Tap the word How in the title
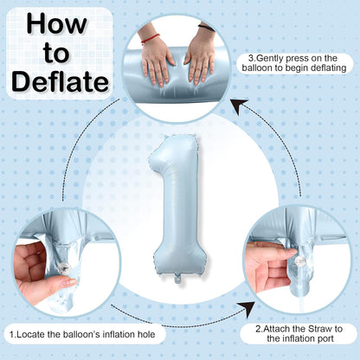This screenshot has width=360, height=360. point(57,23)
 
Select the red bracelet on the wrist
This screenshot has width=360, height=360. point(150,38)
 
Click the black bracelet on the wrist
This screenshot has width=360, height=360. point(206,28)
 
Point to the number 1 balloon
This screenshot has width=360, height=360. point(177,208)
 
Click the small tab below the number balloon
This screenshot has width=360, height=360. point(177,279)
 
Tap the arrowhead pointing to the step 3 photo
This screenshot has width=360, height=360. point(239,106)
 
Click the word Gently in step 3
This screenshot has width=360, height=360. point(270,58)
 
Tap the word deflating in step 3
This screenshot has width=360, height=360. point(328,68)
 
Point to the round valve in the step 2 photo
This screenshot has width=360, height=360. point(300,261)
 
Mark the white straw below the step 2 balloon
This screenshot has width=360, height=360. point(302,305)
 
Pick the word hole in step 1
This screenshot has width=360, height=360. point(146,335)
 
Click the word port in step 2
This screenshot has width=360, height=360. point(325,338)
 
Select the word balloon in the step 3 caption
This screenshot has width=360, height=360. point(257,68)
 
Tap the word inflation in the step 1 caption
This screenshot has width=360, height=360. point(119,335)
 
